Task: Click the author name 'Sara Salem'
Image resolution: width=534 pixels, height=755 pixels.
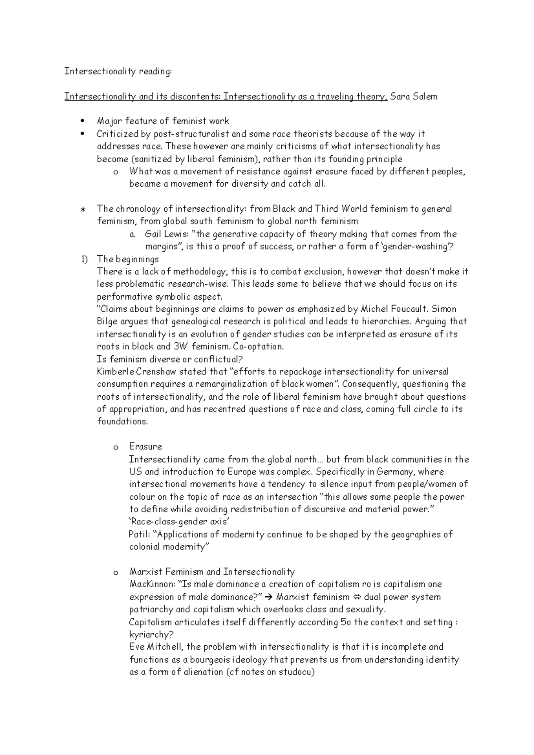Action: (x=413, y=96)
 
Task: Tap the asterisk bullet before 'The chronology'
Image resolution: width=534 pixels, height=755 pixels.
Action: (x=82, y=209)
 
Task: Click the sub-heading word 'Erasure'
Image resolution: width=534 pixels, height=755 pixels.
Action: (x=145, y=446)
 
